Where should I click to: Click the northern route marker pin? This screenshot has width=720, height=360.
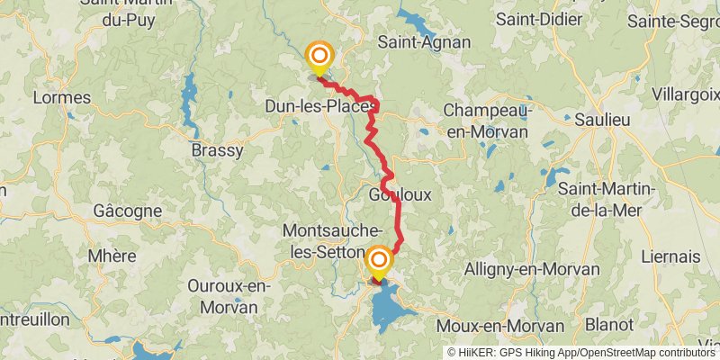click(319, 57)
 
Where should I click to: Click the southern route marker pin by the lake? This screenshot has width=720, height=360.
click(379, 263)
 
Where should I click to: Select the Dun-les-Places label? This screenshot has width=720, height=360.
click(319, 107)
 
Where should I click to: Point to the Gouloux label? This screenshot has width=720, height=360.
click(400, 194)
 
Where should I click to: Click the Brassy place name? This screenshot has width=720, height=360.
click(217, 150)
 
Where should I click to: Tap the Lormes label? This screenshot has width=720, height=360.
click(61, 97)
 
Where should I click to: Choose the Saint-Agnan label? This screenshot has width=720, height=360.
click(411, 41)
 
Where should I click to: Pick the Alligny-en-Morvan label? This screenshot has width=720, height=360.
click(532, 269)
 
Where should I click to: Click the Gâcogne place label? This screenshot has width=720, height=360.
click(128, 211)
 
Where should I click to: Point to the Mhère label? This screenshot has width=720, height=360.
click(112, 256)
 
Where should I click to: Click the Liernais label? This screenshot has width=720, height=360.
click(670, 256)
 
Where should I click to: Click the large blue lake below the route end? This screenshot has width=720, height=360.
click(391, 308)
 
